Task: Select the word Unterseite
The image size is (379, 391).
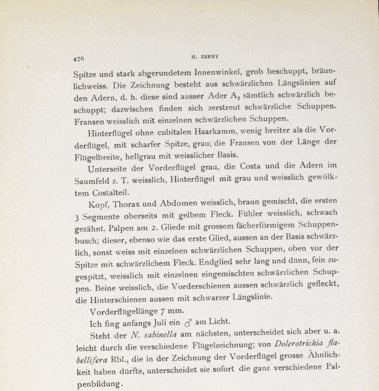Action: point(108,169)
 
